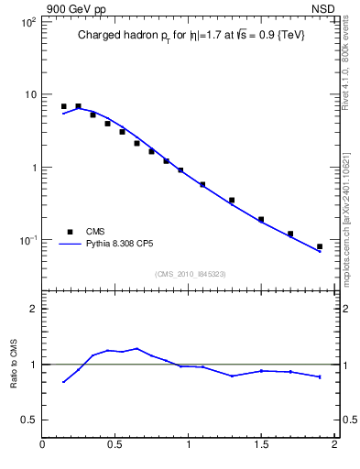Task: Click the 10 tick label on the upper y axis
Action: coord(28,94)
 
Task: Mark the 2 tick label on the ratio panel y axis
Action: coord(33,310)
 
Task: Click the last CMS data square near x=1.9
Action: coord(320,246)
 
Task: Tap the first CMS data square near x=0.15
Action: coord(63,106)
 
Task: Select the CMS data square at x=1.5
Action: coord(261,220)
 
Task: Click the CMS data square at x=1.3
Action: coord(232,200)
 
